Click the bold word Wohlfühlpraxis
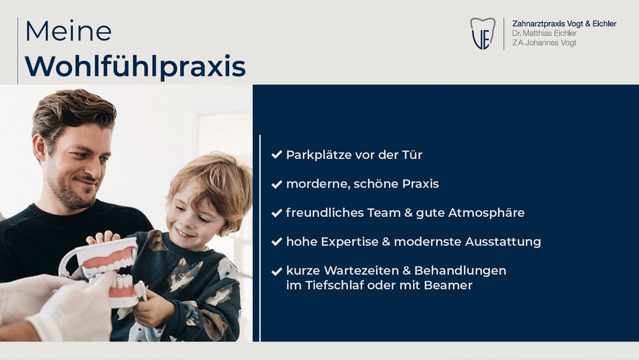pyautogui.click(x=135, y=67)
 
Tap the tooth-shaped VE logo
pyautogui.click(x=483, y=33)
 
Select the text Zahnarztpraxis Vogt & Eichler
pyautogui.click(x=564, y=23)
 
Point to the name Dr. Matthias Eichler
pyautogui.click(x=544, y=33)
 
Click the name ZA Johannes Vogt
pyautogui.click(x=544, y=42)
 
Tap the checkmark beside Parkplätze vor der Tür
pyautogui.click(x=277, y=155)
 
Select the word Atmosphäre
pyautogui.click(x=486, y=213)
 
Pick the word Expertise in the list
pyautogui.click(x=349, y=242)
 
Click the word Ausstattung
pyautogui.click(x=503, y=242)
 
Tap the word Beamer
pyautogui.click(x=448, y=285)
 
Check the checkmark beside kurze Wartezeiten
pyautogui.click(x=277, y=271)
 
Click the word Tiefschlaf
pyautogui.click(x=334, y=285)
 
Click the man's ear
pyautogui.click(x=39, y=147)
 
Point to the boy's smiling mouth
pyautogui.click(x=184, y=233)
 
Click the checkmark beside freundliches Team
pyautogui.click(x=277, y=213)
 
